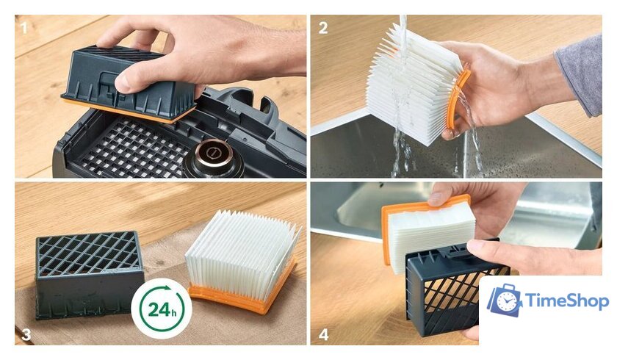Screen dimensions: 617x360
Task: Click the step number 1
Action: tap(24, 28)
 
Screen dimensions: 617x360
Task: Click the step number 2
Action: tap(323, 28)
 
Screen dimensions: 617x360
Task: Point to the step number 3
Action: tap(26, 334)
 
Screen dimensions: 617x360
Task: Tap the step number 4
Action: tap(323, 335)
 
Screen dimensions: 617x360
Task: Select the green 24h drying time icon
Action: tap(162, 309)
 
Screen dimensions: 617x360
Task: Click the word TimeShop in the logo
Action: tap(567, 301)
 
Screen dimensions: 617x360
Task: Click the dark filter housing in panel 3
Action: tap(89, 274)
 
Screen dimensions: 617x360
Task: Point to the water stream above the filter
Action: tap(403, 29)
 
